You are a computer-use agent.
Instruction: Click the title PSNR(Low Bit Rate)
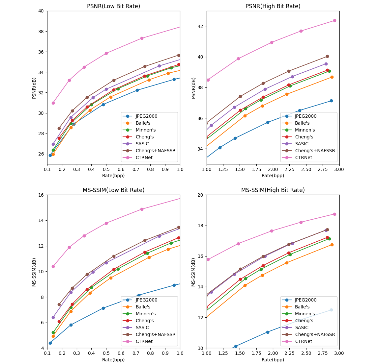113,6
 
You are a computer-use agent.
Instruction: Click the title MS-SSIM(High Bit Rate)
273,190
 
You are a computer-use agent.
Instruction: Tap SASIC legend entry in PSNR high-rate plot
301,144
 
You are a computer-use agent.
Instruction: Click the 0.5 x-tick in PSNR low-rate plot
106,169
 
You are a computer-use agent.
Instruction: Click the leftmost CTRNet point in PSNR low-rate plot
53,103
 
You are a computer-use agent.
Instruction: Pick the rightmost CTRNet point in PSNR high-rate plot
334,20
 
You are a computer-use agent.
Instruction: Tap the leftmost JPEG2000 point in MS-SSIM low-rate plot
50,343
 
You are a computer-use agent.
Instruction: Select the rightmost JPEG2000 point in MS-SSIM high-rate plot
331,310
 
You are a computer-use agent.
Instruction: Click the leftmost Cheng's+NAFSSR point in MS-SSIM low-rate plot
59,304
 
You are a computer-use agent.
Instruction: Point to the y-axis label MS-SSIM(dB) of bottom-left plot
34,272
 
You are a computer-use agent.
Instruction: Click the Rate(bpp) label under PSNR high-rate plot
273,176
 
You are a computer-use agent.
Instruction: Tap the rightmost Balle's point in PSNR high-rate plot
332,77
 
